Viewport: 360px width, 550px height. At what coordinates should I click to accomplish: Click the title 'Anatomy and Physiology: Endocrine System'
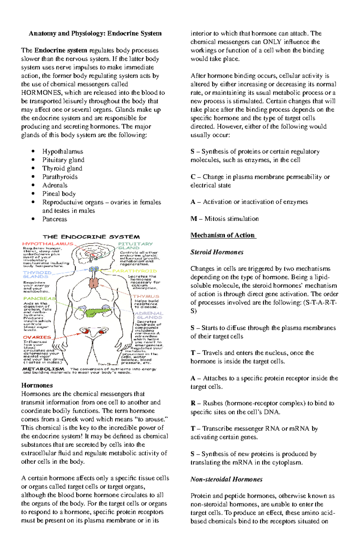tap(95, 33)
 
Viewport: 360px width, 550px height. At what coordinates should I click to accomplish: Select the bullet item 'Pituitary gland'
tap(63, 160)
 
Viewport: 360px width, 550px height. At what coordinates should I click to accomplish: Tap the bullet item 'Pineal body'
tap(59, 194)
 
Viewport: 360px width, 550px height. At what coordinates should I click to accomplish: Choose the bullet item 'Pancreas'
tap(55, 219)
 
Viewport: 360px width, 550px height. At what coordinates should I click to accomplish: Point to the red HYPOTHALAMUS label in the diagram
tap(48, 244)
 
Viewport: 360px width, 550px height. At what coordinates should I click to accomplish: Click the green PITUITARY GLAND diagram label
tap(135, 245)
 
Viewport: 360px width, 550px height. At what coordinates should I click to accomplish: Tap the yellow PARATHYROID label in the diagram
tap(134, 271)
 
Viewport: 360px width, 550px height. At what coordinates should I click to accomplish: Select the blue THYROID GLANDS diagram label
tap(37, 274)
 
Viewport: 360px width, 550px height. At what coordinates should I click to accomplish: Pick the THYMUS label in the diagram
tap(146, 296)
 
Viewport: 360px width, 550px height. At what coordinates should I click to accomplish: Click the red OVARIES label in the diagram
tap(37, 337)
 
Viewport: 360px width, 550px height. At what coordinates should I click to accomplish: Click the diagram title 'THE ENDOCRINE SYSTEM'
tap(91, 237)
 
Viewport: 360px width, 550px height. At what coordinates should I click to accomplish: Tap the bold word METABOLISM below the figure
tap(43, 369)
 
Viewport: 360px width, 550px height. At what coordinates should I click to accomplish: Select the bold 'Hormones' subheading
tap(37, 385)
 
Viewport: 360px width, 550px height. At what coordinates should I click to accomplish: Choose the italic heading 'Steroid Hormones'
tap(217, 252)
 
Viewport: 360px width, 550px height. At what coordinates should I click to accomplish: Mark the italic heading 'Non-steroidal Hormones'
tap(226, 479)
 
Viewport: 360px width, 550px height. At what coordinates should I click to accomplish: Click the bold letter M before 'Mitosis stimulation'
tap(193, 219)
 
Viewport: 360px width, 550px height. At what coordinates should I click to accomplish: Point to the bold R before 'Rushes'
tap(193, 403)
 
